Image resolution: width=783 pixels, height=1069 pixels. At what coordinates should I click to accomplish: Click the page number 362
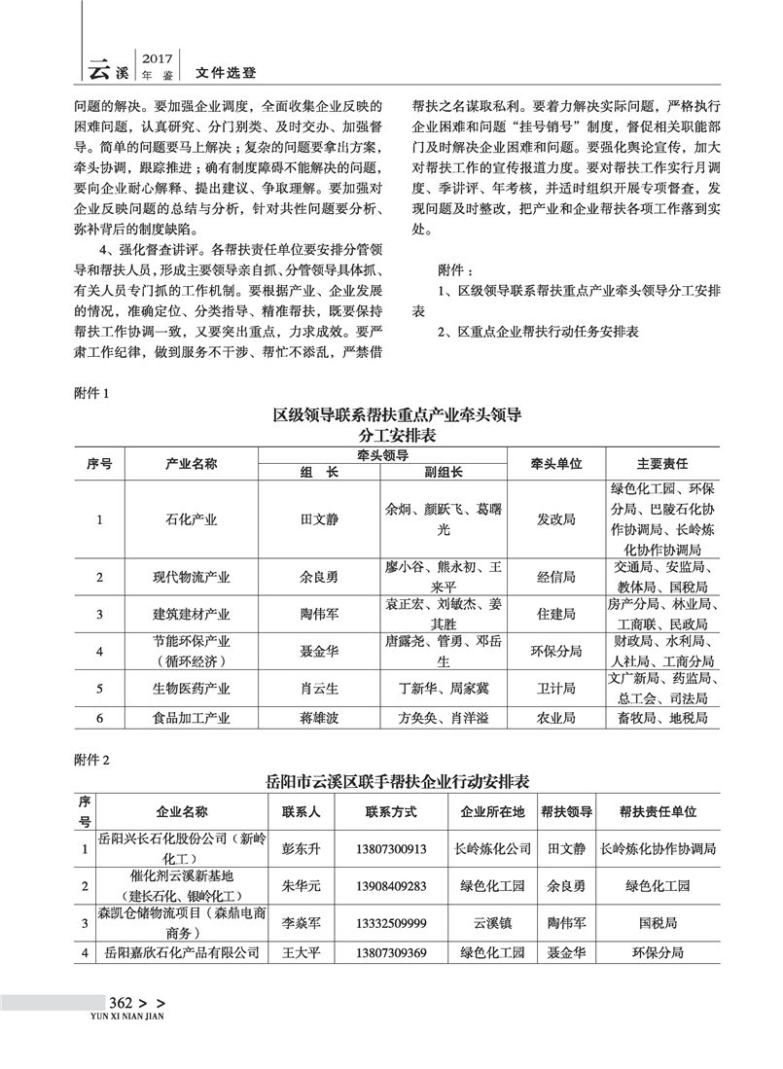tap(121, 1003)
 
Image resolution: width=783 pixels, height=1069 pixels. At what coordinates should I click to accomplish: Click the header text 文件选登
tap(226, 72)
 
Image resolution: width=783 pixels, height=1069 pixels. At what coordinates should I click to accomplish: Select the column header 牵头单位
tap(555, 464)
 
